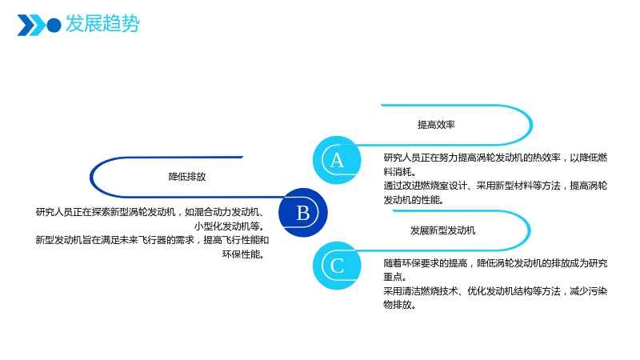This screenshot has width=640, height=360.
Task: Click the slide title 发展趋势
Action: pyautogui.click(x=102, y=23)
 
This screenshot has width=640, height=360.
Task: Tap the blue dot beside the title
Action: pyautogui.click(x=54, y=26)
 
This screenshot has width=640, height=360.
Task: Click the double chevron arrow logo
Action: pyautogui.click(x=31, y=26)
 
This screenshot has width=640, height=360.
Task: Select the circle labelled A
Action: pyautogui.click(x=337, y=160)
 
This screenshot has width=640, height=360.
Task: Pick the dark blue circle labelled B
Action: pyautogui.click(x=303, y=212)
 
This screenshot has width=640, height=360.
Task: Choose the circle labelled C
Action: pyautogui.click(x=337, y=266)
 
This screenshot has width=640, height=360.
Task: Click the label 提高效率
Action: pyautogui.click(x=436, y=125)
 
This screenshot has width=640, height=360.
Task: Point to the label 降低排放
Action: pyautogui.click(x=187, y=177)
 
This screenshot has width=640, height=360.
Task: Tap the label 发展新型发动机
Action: pyautogui.click(x=442, y=230)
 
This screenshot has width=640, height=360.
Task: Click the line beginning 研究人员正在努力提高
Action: pyautogui.click(x=495, y=158)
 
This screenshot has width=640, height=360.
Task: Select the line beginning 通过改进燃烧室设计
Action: pyautogui.click(x=495, y=186)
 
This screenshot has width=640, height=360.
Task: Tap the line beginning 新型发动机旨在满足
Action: pyautogui.click(x=152, y=240)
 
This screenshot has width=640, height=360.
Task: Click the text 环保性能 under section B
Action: pyautogui.click(x=244, y=254)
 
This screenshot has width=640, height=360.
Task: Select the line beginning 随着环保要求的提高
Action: pyautogui.click(x=495, y=263)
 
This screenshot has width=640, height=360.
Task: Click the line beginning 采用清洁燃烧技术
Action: pyautogui.click(x=495, y=291)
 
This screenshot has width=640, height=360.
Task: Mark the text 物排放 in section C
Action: pyautogui.click(x=399, y=305)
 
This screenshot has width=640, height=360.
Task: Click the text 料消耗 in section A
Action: pyautogui.click(x=399, y=171)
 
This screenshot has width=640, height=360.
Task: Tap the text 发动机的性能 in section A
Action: pyautogui.click(x=413, y=199)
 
